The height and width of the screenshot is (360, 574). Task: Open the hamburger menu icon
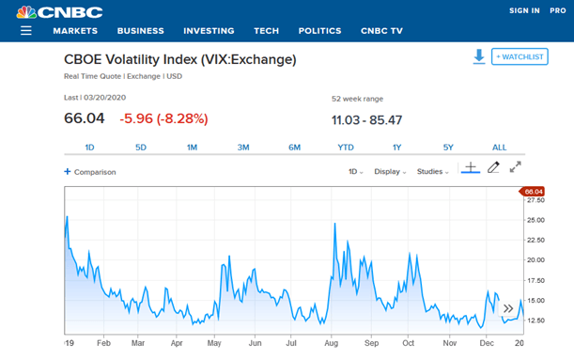25,31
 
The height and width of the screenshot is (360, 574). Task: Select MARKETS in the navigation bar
75,31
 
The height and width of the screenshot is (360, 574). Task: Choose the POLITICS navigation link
319,31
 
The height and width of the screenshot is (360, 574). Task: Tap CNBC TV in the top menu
381,31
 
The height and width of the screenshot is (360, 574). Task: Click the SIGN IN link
524,11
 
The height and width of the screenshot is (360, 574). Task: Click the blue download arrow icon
478,56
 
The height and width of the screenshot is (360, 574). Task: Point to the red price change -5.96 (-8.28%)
163,119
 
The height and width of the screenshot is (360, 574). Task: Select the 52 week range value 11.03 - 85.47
366,119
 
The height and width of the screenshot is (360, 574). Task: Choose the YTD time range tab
346,148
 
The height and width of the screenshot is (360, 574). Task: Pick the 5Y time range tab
448,148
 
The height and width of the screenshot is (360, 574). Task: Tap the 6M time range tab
294,148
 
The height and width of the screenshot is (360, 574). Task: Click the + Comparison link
89,172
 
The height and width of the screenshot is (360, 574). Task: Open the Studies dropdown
432,172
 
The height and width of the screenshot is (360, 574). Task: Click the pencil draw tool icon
493,168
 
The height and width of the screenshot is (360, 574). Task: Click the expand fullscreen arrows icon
516,167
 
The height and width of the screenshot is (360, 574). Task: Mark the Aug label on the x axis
331,344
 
